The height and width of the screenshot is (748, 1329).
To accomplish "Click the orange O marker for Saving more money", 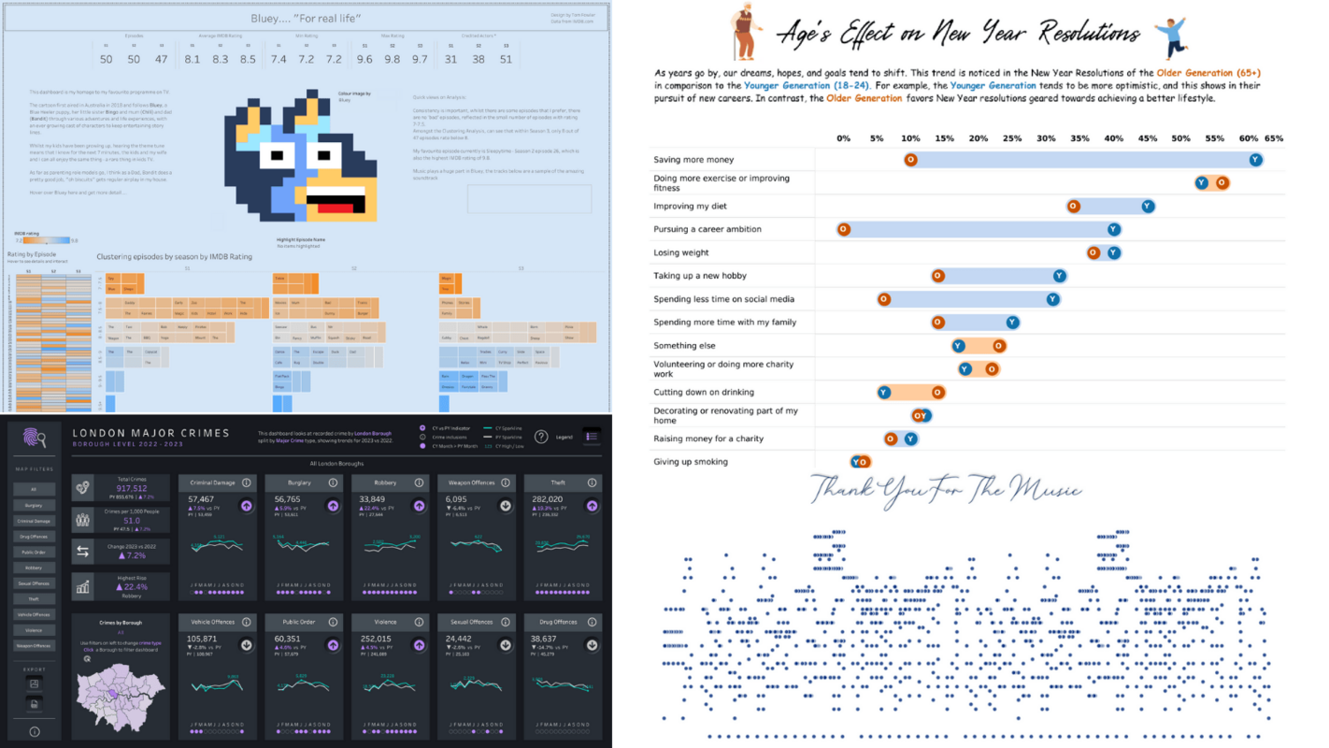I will pyautogui.click(x=910, y=160).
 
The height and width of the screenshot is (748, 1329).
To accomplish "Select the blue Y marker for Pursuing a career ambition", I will pyautogui.click(x=1113, y=229).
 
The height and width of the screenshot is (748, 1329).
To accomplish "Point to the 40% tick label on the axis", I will pyautogui.click(x=1113, y=138).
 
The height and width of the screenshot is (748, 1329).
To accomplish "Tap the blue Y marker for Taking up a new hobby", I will pyautogui.click(x=1059, y=276).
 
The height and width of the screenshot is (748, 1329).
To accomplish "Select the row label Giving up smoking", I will pyautogui.click(x=691, y=462).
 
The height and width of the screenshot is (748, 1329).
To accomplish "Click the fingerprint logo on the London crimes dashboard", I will pyautogui.click(x=35, y=437).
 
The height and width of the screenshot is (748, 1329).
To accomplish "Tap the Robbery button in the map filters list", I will pyautogui.click(x=34, y=568).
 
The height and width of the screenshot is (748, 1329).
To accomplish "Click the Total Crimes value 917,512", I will pyautogui.click(x=132, y=488).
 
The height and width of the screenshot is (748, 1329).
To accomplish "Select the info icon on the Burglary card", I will pyautogui.click(x=333, y=482).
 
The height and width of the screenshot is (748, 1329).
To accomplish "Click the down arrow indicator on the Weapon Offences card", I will pyautogui.click(x=506, y=506).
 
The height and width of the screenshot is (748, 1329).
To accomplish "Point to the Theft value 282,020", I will pyautogui.click(x=546, y=499).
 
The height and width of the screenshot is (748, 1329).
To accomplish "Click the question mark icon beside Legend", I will pyautogui.click(x=541, y=437).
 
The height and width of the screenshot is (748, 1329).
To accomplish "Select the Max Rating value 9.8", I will pyautogui.click(x=393, y=60).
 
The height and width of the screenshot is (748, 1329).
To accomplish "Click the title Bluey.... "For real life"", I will pyautogui.click(x=307, y=18).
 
